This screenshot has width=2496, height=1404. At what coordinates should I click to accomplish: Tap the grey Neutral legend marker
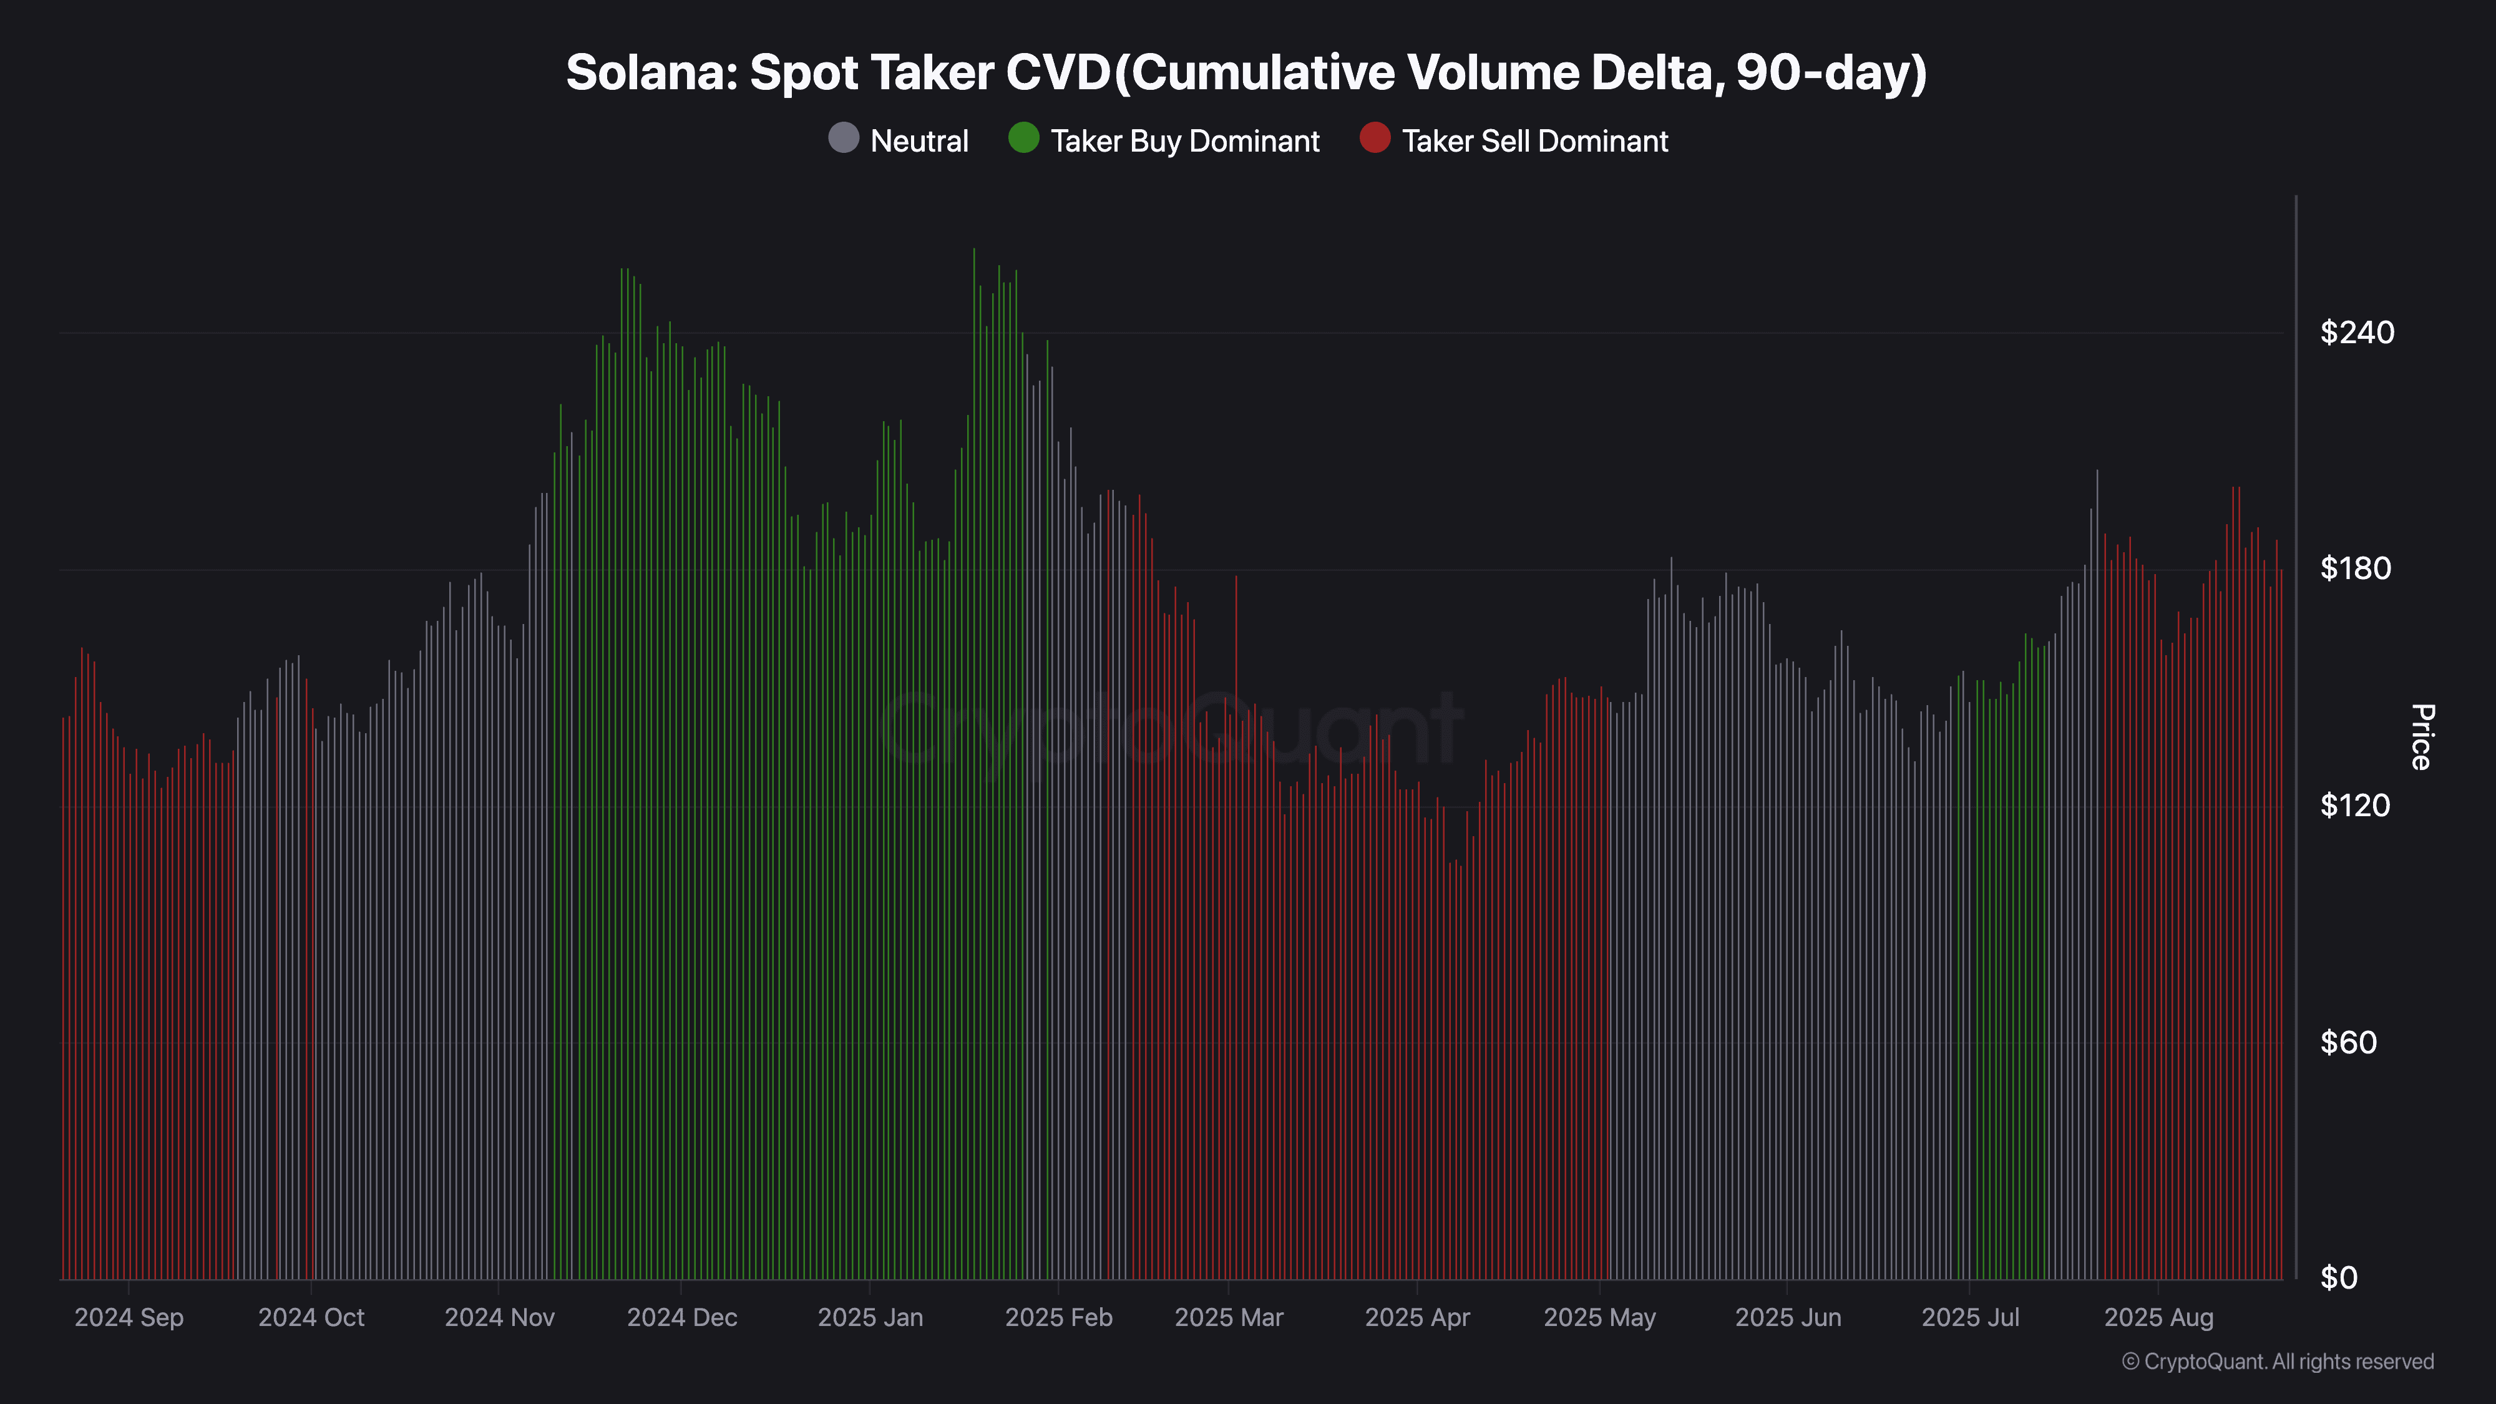[x=843, y=139]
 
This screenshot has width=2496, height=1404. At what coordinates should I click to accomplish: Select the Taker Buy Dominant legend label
[x=1184, y=142]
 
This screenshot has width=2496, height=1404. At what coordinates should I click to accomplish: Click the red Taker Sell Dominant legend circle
[x=1374, y=139]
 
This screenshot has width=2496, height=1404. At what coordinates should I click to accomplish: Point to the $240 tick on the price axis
[x=2356, y=333]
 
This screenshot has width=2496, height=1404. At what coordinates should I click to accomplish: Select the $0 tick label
[x=2338, y=1278]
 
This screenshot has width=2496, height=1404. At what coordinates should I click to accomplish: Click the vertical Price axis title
[x=2420, y=738]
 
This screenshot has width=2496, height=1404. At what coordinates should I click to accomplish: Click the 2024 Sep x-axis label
[x=129, y=1318]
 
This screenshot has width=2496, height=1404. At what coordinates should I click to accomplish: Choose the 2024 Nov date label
[x=499, y=1318]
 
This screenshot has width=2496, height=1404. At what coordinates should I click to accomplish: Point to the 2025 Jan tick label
[x=870, y=1318]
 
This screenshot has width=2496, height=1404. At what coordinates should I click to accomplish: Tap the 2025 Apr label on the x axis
[x=1416, y=1318]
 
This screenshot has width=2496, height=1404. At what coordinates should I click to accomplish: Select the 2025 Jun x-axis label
[x=1788, y=1318]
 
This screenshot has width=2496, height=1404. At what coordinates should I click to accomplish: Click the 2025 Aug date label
[x=2159, y=1318]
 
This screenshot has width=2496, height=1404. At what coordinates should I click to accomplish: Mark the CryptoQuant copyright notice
[x=2277, y=1362]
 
